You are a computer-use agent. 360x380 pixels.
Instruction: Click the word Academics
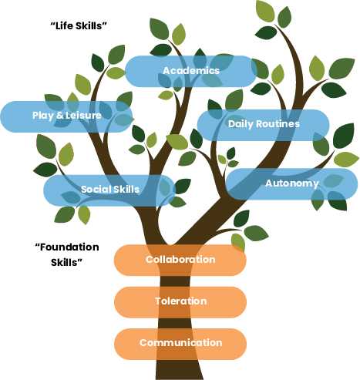[x=191, y=70]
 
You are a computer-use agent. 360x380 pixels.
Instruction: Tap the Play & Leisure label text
[x=67, y=116]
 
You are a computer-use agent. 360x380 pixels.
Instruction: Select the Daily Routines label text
[x=264, y=124]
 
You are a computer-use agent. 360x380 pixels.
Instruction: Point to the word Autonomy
[x=292, y=183]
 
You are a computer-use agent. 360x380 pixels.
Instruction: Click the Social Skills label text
[x=110, y=190]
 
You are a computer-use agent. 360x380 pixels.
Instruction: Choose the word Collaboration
[x=180, y=260]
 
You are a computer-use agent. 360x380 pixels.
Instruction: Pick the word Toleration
[x=181, y=301]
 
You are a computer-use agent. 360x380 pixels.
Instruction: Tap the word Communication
[x=180, y=343]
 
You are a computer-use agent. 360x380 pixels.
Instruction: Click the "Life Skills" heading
[x=79, y=25]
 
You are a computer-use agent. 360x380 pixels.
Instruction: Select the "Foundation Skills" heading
[x=67, y=254]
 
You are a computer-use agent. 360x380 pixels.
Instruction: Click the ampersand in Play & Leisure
[x=59, y=116]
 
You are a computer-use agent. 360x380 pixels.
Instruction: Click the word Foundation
[x=67, y=247]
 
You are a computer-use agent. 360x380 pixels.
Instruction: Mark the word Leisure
[x=83, y=116]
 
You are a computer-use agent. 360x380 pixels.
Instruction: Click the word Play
[x=43, y=116]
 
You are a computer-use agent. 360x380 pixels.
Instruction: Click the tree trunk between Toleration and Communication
[x=177, y=323]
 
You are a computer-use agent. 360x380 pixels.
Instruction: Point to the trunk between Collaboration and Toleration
[x=175, y=281]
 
